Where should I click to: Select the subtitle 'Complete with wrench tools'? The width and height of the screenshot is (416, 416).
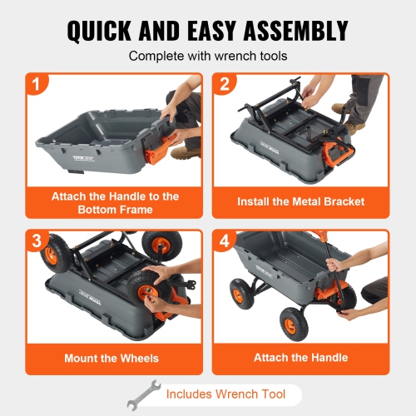coord(207,57)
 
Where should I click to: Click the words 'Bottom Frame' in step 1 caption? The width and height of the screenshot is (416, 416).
coord(114,210)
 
